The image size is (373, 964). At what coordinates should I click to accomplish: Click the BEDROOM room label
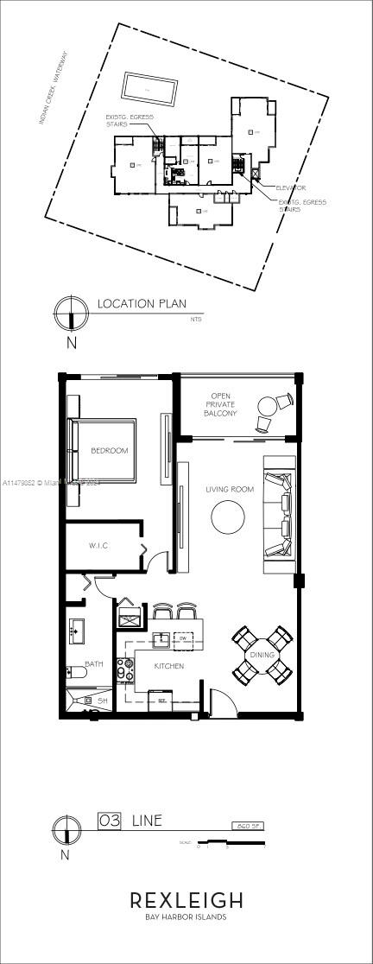pos(110,450)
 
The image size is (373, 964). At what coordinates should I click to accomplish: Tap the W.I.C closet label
pos(98,546)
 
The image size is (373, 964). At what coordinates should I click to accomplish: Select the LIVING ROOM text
pos(229,490)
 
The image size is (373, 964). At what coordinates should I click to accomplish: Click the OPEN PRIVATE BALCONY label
pos(219,405)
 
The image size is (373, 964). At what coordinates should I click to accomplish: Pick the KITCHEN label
pos(168,666)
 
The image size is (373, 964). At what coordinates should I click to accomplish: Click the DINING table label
pos(262,655)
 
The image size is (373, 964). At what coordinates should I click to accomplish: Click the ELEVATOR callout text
pos(290,187)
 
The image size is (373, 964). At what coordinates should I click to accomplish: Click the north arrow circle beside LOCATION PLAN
pos(71,312)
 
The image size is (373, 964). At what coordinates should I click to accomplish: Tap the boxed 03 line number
pos(110,820)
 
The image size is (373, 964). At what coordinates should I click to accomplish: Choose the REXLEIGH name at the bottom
pos(186,900)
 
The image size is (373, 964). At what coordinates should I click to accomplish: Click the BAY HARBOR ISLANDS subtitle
pos(186,917)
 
